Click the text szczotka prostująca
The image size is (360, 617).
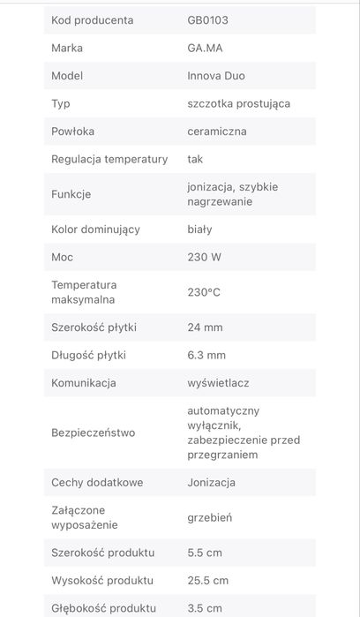tap(239, 103)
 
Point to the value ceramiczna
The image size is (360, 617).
tap(217, 131)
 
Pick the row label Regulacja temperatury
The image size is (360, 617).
tap(109, 159)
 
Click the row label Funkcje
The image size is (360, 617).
tap(71, 194)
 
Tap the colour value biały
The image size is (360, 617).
tap(200, 229)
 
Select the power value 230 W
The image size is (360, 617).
tap(205, 257)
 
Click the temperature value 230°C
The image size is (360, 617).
tap(204, 292)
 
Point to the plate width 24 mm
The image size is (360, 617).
tap(206, 327)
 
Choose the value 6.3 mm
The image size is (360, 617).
tap(207, 355)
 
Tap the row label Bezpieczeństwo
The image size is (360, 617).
tap(94, 433)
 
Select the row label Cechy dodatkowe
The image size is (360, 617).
tap(97, 482)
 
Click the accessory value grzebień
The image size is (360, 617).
tap(210, 517)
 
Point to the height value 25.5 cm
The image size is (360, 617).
tap(208, 580)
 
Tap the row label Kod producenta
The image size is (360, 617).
tap(93, 19)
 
